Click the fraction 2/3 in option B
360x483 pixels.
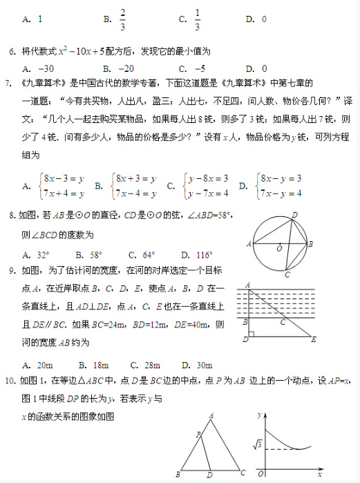(x=122, y=19)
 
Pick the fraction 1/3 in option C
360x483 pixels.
(x=197, y=19)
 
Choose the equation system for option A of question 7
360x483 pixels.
(x=62, y=185)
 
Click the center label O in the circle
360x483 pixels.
(x=279, y=247)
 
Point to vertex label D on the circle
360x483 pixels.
(x=295, y=215)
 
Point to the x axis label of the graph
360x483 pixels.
(x=319, y=475)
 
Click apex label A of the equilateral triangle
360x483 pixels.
(x=211, y=415)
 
